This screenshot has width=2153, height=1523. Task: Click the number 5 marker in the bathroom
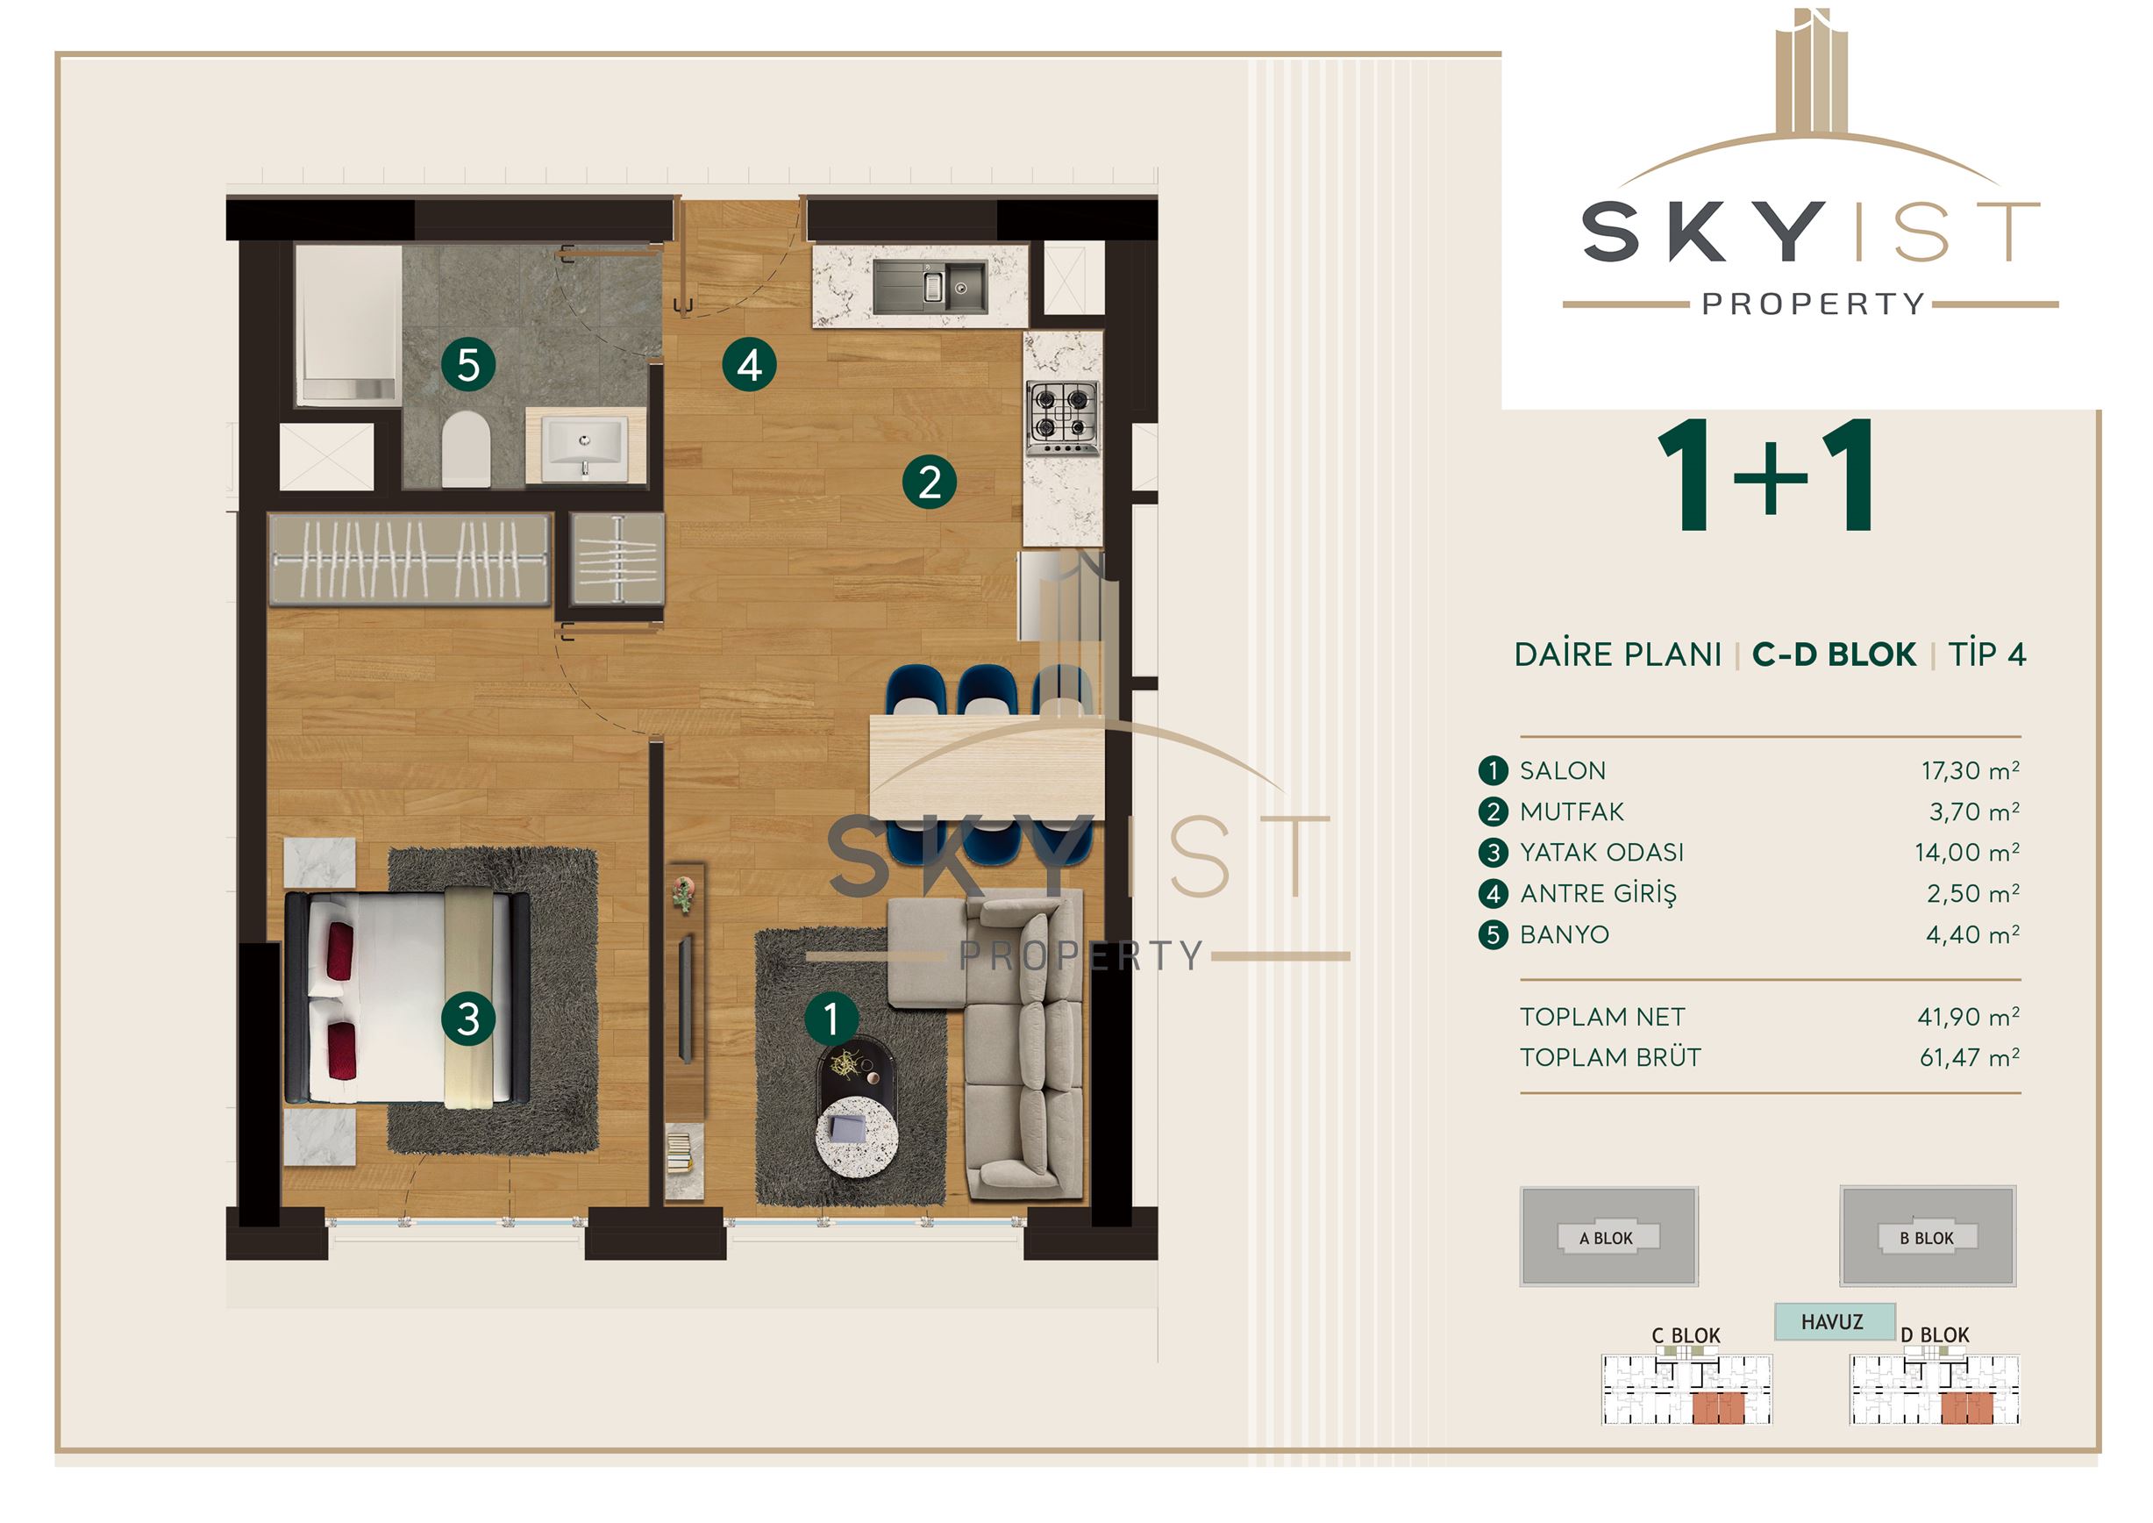(x=468, y=365)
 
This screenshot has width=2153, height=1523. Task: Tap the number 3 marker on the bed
(x=468, y=1019)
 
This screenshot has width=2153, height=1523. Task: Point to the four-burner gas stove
(x=1062, y=418)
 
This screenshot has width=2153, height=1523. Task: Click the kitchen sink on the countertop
(x=930, y=286)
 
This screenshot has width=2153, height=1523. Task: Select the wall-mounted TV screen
(x=686, y=997)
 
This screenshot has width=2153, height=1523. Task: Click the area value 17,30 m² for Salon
(x=1970, y=771)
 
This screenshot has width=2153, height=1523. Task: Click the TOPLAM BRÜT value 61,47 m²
(x=1969, y=1057)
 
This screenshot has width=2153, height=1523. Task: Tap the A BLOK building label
(x=1607, y=1238)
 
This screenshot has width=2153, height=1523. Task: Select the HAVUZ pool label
(x=1832, y=1321)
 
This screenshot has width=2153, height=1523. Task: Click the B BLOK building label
(x=1927, y=1238)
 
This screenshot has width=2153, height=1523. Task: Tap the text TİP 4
(x=1987, y=654)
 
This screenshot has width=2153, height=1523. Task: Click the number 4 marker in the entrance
(x=749, y=365)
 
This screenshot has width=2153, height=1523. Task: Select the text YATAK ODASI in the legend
(x=1601, y=853)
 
